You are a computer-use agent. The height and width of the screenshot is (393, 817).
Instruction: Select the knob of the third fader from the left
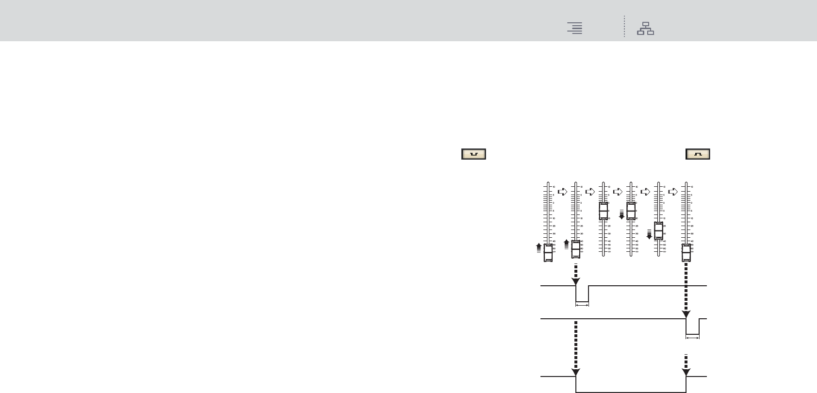604,212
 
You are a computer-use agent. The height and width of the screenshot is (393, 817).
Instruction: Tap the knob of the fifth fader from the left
658,231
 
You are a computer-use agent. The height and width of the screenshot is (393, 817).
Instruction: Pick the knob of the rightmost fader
686,253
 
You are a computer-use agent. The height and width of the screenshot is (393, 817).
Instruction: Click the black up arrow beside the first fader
539,248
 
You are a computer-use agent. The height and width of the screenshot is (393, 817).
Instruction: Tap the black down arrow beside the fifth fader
649,235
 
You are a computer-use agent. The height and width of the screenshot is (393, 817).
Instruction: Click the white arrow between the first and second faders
562,192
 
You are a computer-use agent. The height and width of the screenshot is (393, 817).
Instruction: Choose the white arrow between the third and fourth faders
618,192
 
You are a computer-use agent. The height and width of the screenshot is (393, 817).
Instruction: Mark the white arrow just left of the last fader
673,192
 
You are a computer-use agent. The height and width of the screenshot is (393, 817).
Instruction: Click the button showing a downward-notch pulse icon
474,154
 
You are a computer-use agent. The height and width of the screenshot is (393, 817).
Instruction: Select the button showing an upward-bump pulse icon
698,154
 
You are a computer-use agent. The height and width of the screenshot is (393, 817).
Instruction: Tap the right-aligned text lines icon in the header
575,29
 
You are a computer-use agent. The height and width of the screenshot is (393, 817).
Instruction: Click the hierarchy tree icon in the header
645,29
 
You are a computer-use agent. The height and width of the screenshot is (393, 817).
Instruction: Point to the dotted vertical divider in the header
624,27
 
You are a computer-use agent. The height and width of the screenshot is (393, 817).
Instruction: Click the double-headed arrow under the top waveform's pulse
582,305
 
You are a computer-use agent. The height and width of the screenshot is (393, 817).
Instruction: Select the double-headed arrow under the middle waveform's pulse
692,338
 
